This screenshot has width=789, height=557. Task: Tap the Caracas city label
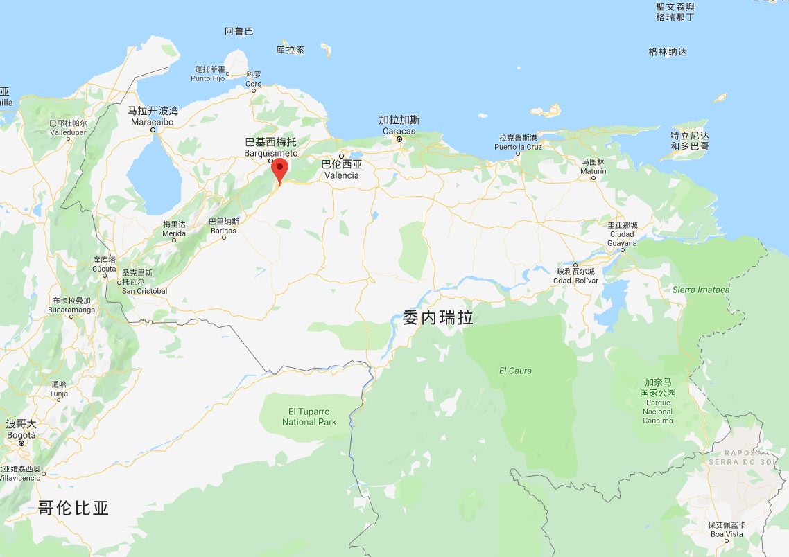(399, 125)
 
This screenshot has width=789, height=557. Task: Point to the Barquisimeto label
(270, 148)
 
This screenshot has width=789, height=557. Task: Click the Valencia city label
(342, 170)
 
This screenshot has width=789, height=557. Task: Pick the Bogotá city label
(20, 430)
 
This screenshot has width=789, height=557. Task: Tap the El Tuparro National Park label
(309, 417)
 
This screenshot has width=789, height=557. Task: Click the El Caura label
(515, 371)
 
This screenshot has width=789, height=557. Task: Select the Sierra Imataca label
(701, 290)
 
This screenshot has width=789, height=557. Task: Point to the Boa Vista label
(726, 529)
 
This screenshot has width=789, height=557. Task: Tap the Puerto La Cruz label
(518, 142)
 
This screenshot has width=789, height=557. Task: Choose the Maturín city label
(593, 166)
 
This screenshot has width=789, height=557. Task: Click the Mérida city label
(174, 229)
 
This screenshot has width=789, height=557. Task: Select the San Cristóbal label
(144, 287)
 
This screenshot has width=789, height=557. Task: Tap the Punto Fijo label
(209, 74)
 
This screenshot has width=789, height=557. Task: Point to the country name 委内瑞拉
(438, 318)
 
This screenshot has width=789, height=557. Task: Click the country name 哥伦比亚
(73, 508)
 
